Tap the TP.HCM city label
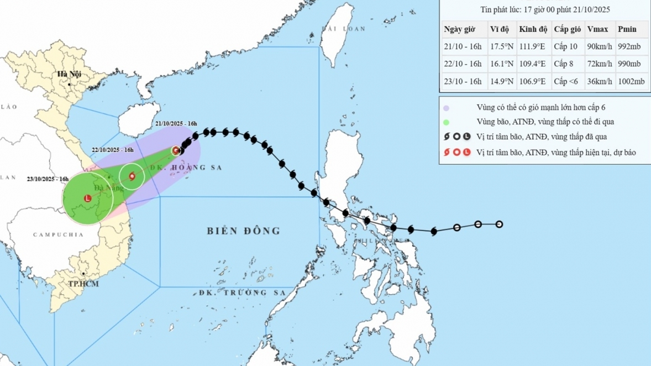(84, 284)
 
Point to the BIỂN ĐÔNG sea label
(244, 231)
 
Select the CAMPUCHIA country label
(58, 235)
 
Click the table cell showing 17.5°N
(500, 46)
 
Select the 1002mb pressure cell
(631, 81)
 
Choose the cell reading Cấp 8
(565, 64)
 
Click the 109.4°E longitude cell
(532, 64)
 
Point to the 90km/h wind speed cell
(599, 46)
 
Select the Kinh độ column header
(532, 29)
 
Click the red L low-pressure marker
(87, 198)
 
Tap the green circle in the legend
(447, 122)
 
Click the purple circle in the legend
(447, 108)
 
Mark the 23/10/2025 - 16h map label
(48, 179)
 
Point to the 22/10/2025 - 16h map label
(113, 150)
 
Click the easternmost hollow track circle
(499, 224)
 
